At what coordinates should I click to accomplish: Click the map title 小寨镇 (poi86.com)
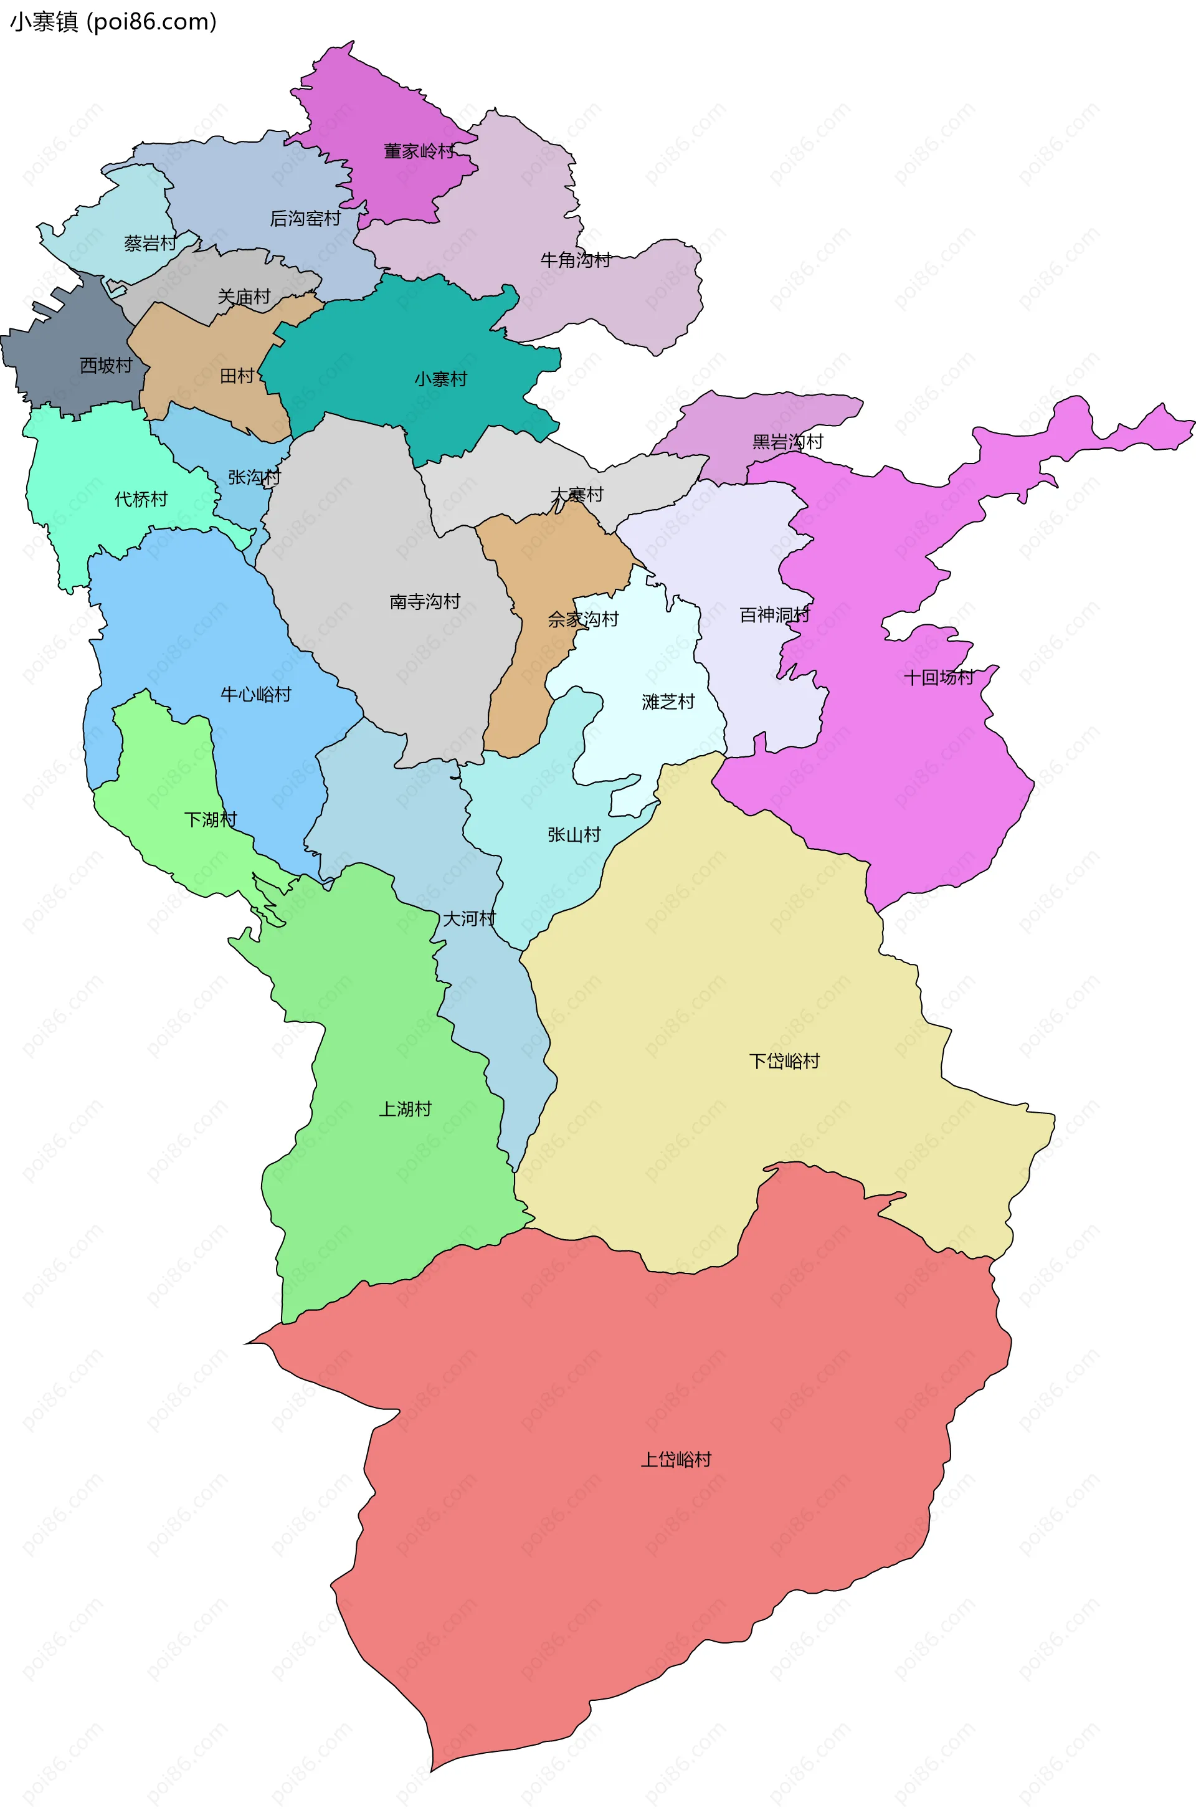click(113, 22)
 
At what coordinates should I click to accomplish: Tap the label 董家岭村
click(419, 151)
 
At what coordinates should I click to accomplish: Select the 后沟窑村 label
click(305, 219)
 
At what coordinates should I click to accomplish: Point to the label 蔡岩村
click(150, 244)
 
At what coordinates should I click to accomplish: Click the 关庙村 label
click(244, 297)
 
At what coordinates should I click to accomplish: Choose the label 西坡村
click(106, 365)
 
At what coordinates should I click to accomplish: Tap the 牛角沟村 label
click(576, 260)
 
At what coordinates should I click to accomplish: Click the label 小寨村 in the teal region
click(441, 379)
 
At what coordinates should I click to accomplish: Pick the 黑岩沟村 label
click(788, 442)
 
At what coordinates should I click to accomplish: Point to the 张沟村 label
click(255, 477)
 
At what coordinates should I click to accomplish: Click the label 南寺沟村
click(425, 602)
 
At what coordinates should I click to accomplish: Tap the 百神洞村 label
click(775, 615)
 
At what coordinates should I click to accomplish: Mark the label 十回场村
click(939, 677)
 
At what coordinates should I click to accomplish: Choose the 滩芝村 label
click(668, 702)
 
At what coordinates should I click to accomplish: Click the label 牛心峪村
click(255, 694)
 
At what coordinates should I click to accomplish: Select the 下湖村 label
click(211, 820)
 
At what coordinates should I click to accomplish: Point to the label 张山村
click(574, 834)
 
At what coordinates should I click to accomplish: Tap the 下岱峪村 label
click(784, 1061)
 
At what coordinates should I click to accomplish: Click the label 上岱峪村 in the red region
click(676, 1459)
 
